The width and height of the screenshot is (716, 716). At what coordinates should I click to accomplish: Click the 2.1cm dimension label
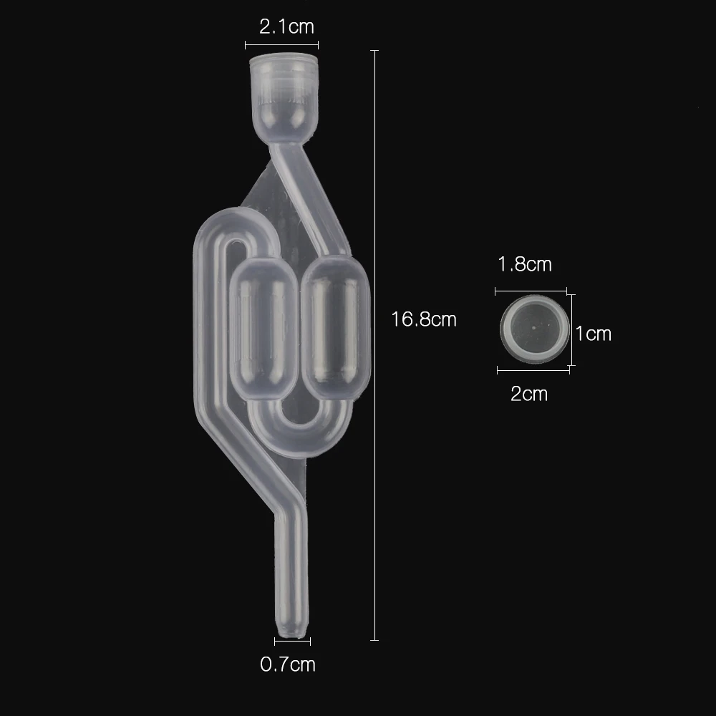(286, 27)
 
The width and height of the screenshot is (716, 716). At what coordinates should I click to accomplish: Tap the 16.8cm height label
(424, 319)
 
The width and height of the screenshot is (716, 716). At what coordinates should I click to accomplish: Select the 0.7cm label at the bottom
(288, 664)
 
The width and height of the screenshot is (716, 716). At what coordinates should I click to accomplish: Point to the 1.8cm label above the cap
(525, 264)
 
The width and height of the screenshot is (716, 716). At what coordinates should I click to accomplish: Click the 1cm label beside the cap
(594, 333)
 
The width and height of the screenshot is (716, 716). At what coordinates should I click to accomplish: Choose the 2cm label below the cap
(529, 393)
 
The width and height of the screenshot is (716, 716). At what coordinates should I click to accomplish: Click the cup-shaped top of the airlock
(283, 93)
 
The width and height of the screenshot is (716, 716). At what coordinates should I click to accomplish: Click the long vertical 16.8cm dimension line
(374, 344)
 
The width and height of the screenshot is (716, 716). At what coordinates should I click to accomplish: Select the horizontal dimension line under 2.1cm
(281, 45)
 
